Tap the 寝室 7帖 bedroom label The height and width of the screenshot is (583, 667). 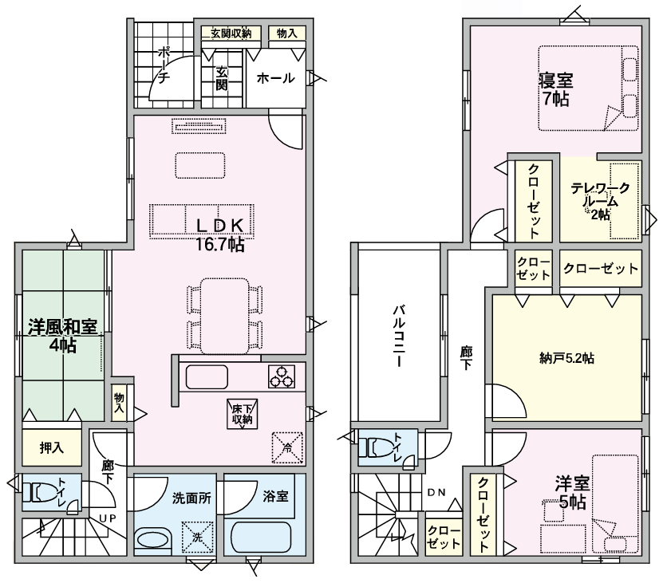point(555,89)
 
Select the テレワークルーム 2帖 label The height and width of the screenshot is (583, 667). point(600,200)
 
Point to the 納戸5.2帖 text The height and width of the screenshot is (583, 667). point(566,358)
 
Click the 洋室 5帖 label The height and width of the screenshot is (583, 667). point(571,492)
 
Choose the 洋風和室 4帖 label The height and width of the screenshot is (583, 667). point(62,335)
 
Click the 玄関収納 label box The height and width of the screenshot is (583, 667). point(231,33)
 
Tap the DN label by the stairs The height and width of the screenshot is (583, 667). point(436,492)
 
